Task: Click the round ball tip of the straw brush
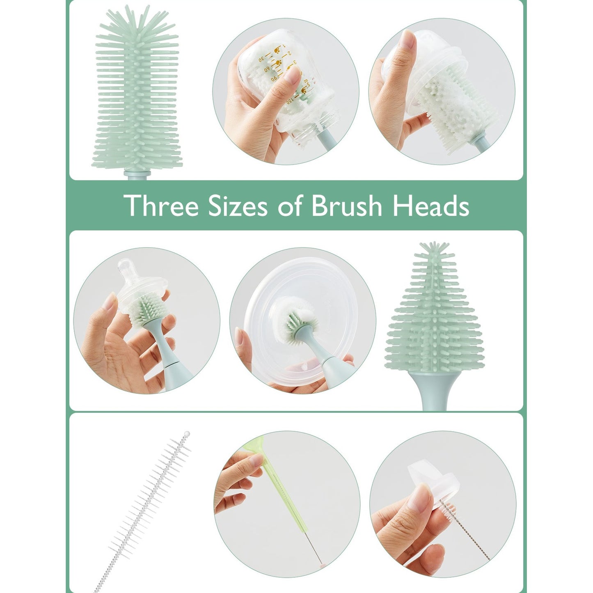pyautogui.click(x=187, y=434)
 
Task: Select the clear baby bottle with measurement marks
pyautogui.click(x=287, y=86)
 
